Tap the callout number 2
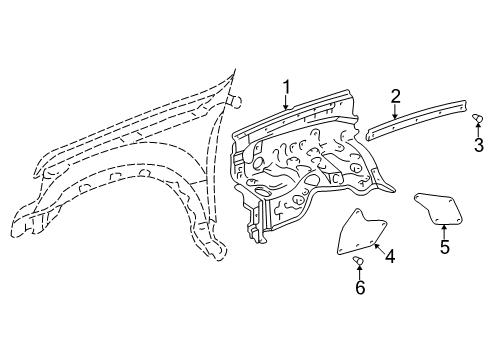tap(396, 96)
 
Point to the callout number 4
tap(390, 257)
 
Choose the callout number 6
tap(362, 289)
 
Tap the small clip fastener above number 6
tap(361, 261)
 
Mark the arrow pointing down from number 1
tap(286, 110)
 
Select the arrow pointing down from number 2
tap(396, 111)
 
